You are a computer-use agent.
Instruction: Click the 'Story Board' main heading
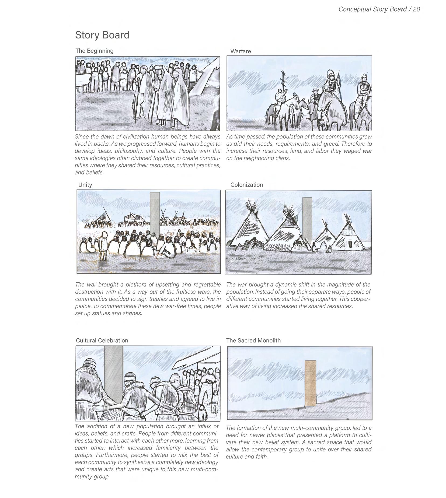coord(102,35)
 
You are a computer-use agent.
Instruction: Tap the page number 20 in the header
coord(416,9)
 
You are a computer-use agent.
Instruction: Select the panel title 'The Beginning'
coord(94,51)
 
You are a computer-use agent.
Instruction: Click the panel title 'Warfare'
coord(241,51)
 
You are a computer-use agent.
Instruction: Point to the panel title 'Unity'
coord(85,185)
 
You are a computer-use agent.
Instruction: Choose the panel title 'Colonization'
coord(246,185)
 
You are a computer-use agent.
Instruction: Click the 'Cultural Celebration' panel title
coord(102,341)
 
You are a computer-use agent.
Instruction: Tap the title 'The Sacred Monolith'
coord(253,341)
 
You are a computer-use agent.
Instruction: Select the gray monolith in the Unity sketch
coord(155,213)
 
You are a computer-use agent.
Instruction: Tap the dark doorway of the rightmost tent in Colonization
coord(350,244)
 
